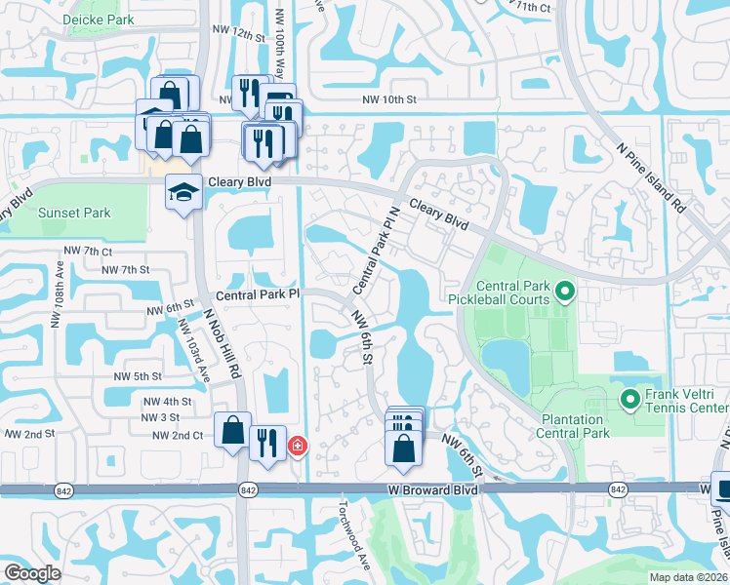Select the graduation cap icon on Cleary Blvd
pos(183,192)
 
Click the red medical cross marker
pos(296,447)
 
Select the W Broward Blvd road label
pos(432,490)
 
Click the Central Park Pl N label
pos(377,251)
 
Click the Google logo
pos(32,573)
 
